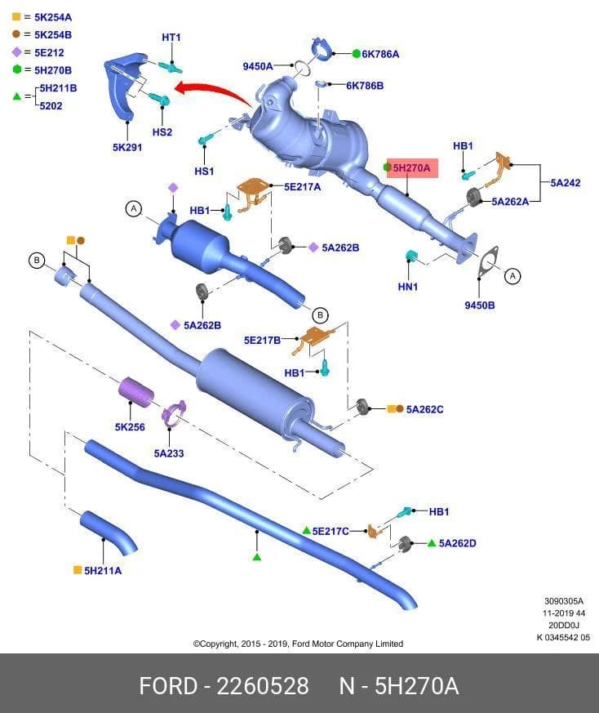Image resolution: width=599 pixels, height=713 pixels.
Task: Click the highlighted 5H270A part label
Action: [412, 168]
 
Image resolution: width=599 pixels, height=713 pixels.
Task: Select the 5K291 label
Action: [127, 147]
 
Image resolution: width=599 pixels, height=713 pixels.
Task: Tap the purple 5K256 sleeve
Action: [136, 392]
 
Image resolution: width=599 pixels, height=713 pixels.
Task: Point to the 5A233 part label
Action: [169, 453]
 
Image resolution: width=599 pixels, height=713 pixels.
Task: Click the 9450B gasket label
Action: [480, 305]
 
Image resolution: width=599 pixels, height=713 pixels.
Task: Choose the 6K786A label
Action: [380, 54]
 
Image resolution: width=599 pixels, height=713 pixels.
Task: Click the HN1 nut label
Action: [408, 287]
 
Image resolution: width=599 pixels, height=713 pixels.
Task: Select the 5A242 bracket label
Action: [566, 183]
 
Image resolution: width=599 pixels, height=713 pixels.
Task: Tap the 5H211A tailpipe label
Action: [103, 571]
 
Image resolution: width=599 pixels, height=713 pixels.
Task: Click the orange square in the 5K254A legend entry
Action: [16, 17]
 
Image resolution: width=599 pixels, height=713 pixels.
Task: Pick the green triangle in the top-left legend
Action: [17, 96]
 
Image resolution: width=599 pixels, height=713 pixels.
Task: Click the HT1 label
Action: [171, 38]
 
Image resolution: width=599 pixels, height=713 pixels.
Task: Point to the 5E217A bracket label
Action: [302, 187]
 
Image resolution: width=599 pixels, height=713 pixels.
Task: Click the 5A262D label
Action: [457, 543]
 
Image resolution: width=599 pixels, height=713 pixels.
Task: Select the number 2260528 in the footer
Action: [263, 686]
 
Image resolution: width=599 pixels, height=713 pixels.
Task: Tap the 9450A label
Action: [258, 66]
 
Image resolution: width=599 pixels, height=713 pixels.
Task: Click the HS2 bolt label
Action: [162, 132]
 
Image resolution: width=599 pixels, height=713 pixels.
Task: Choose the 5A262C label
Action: [424, 409]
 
